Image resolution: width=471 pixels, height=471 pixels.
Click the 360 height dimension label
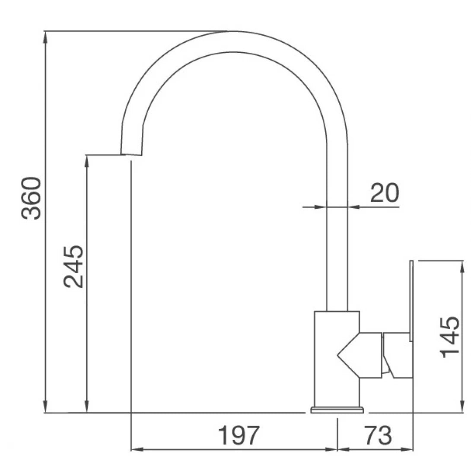pyautogui.click(x=31, y=198)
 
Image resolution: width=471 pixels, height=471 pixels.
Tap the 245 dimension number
pyautogui.click(x=73, y=267)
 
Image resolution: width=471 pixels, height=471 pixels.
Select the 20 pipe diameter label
pyautogui.click(x=385, y=193)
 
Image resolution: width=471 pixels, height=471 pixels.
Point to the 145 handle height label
pyautogui.click(x=449, y=337)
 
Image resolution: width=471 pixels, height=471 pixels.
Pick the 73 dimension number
pyautogui.click(x=378, y=436)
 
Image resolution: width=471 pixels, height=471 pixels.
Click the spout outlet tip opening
pyautogui.click(x=131, y=155)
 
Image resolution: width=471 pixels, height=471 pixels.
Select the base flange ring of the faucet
pyautogui.click(x=337, y=410)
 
